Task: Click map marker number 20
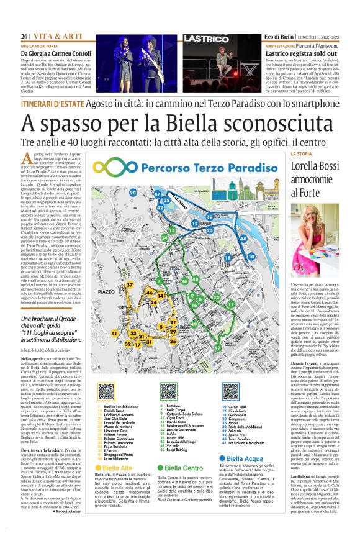150,193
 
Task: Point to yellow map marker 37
130,285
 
